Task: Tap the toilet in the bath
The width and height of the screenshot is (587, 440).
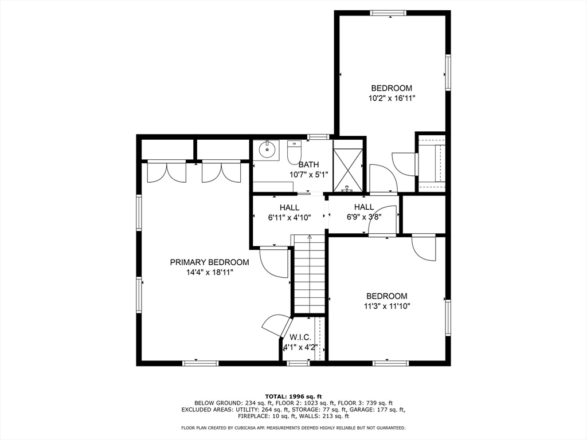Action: click(294, 152)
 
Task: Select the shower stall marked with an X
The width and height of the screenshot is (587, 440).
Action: click(348, 170)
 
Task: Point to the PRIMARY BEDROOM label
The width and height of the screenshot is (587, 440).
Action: click(209, 262)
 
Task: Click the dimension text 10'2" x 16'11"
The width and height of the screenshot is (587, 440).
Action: click(392, 99)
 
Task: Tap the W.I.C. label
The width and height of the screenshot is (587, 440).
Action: click(300, 337)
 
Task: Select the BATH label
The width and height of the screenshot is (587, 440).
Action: click(309, 164)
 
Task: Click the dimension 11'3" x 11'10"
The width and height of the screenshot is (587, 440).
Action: click(387, 306)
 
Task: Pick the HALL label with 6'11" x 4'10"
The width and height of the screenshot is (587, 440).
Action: click(289, 207)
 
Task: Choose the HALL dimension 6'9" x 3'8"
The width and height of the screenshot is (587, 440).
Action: click(364, 217)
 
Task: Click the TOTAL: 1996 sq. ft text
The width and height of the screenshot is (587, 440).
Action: click(293, 396)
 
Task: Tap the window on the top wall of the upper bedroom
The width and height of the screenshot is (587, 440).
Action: click(388, 13)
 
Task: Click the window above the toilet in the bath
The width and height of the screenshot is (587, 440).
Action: click(318, 136)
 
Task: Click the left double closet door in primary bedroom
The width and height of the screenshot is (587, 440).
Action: click(167, 171)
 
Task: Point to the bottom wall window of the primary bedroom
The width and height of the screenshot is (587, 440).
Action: click(200, 363)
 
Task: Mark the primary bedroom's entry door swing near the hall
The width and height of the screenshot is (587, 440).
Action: click(275, 262)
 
